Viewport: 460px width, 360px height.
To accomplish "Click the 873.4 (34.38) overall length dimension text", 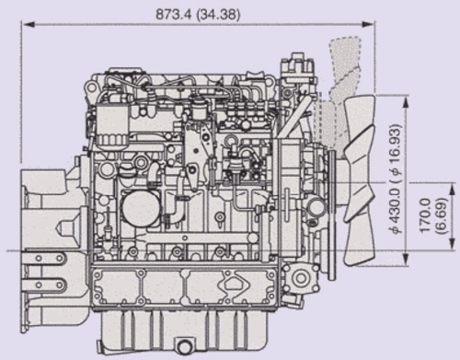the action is pos(198,14).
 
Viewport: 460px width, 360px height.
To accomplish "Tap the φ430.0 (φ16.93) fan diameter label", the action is pos(397,179).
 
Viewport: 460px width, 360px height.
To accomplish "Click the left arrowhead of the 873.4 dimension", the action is pos(28,24).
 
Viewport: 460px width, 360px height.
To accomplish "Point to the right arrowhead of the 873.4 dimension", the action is pos(368,24).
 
